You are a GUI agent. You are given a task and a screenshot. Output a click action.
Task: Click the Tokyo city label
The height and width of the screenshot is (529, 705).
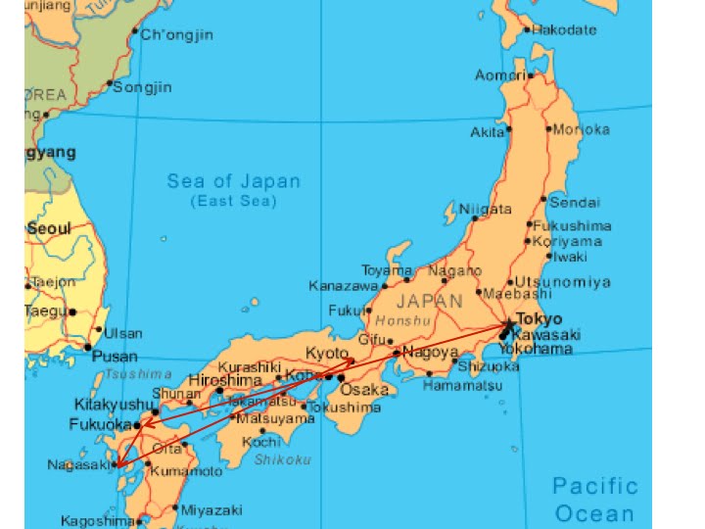[540, 319]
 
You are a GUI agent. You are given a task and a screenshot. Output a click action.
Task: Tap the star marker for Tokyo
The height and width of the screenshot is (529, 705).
[509, 324]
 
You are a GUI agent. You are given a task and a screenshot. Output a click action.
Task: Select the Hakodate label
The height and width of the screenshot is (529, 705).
[564, 29]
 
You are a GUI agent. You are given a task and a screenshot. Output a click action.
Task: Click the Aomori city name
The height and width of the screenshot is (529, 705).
[500, 75]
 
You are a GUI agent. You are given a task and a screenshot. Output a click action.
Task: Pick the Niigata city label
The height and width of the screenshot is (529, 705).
[485, 210]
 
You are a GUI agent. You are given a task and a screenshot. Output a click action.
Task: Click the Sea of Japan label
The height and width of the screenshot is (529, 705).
[233, 181]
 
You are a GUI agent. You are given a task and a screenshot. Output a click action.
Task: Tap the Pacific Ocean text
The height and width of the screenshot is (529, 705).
[594, 500]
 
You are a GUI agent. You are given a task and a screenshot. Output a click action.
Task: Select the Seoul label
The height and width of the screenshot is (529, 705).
[49, 228]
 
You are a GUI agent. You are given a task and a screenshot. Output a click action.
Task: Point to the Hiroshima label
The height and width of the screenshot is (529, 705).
[225, 380]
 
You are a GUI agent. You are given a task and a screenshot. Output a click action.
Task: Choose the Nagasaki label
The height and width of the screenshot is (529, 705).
[77, 464]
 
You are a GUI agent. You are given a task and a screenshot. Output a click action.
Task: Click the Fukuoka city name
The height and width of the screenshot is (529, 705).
[99, 425]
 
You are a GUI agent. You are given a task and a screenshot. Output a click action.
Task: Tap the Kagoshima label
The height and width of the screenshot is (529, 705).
[97, 521]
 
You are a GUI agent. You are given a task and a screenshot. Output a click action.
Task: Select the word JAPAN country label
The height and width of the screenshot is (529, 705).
[429, 302]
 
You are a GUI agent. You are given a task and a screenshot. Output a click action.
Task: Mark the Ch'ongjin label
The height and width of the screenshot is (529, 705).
[177, 35]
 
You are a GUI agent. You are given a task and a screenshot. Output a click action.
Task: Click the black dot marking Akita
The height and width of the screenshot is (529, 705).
[508, 129]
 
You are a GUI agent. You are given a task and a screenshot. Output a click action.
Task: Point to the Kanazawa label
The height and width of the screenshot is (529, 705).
[343, 286]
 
